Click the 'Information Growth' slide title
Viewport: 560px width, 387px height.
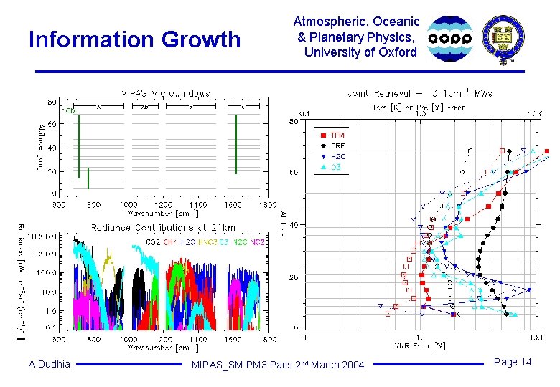[x=134, y=39]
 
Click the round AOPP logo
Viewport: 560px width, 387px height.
[x=450, y=39]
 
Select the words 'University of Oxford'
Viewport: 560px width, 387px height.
[x=360, y=52]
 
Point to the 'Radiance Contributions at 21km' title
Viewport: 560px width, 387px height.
[x=163, y=227]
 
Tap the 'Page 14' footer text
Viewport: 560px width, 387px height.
[x=513, y=362]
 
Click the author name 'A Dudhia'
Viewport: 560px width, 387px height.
[x=50, y=364]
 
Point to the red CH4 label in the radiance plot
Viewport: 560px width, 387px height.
[x=169, y=243]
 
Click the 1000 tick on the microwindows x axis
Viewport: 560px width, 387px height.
[x=128, y=205]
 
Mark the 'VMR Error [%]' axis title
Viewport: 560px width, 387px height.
[x=421, y=345]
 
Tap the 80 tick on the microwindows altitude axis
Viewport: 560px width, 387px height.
[x=52, y=102]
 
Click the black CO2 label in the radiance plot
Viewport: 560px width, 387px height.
[x=152, y=243]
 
